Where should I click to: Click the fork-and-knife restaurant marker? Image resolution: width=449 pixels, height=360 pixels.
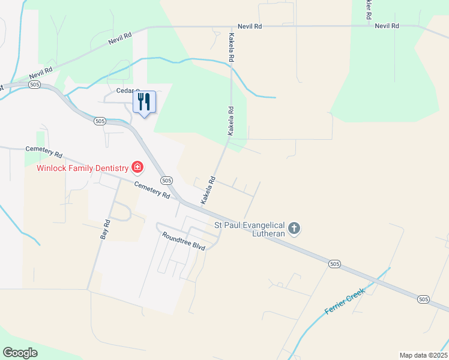point(143,102)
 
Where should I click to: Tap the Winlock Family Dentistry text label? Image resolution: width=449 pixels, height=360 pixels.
point(83,168)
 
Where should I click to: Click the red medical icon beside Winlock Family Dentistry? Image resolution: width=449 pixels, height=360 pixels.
point(137,167)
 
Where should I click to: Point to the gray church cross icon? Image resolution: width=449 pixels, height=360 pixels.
point(294,228)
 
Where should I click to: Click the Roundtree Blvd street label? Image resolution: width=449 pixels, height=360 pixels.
point(184,241)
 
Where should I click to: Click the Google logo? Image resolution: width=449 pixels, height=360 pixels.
point(20,353)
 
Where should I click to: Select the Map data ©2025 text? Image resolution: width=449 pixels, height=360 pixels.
point(423,355)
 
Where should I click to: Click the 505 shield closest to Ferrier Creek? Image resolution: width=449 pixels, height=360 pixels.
point(335,263)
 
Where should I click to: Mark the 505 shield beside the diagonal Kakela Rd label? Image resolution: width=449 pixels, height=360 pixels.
point(167,180)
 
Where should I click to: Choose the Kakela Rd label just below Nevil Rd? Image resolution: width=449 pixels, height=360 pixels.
point(231,49)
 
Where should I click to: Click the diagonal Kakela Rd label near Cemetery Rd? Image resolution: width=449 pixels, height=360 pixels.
point(208,190)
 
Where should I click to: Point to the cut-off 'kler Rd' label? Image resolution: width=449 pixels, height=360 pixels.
point(367,9)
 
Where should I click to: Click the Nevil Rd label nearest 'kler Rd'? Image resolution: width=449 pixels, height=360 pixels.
point(387,26)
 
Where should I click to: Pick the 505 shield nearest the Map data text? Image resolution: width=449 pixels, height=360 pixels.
point(423,299)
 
